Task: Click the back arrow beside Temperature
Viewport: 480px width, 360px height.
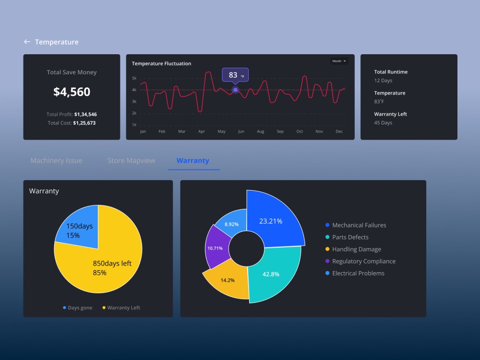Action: click(x=27, y=42)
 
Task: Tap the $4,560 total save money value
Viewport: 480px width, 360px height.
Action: click(x=72, y=92)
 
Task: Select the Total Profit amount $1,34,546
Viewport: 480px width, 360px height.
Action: click(x=85, y=114)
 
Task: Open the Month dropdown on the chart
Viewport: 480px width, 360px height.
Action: click(x=339, y=61)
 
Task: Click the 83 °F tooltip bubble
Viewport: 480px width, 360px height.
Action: click(x=235, y=75)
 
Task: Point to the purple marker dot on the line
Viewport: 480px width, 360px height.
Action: click(x=235, y=90)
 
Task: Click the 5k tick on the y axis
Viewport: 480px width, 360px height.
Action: click(x=134, y=78)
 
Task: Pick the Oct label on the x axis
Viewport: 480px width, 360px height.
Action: click(x=300, y=132)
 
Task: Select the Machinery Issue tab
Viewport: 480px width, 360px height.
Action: click(x=56, y=161)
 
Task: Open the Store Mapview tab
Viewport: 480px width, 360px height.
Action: click(x=131, y=161)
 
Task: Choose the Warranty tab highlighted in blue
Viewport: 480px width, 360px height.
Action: click(x=193, y=161)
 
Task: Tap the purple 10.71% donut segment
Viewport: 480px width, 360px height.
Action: click(x=216, y=248)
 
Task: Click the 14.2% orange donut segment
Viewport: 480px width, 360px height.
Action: click(x=228, y=280)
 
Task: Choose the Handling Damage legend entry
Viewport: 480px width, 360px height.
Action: click(x=356, y=249)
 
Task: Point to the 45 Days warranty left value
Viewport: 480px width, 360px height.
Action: click(x=383, y=123)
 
